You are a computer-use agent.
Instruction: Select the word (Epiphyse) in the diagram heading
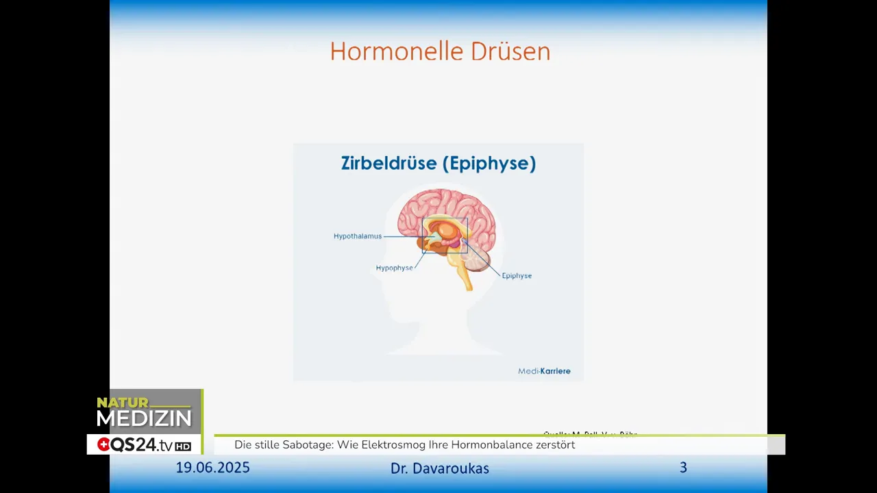point(489,164)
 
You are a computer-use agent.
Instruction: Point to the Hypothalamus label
point(358,236)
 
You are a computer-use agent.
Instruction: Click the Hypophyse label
point(394,268)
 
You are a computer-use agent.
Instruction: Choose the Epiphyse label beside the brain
point(517,276)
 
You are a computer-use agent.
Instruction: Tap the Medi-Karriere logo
point(544,371)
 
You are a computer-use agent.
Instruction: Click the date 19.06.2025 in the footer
point(212,468)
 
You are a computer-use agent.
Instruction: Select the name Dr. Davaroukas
point(440,468)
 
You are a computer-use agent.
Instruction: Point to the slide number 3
point(683,468)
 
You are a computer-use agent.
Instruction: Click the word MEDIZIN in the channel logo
point(144,418)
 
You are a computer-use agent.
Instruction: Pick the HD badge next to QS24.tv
point(183,446)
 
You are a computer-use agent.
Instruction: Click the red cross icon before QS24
point(103,445)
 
